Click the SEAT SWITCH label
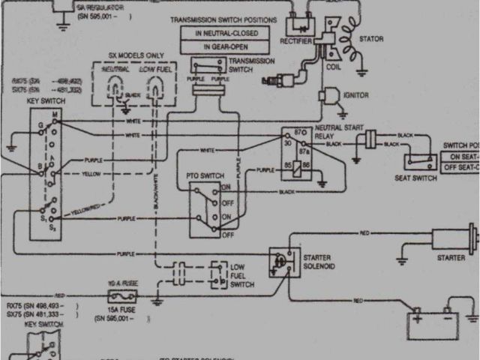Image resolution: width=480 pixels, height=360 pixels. pos(415,177)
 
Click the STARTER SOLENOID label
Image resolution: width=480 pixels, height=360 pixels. pos(319,261)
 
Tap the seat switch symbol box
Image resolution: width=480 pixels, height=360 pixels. pos(421,161)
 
